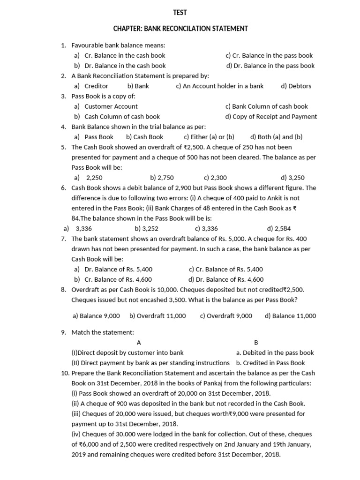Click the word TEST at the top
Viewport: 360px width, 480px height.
click(180, 13)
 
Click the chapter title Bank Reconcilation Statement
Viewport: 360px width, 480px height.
click(180, 29)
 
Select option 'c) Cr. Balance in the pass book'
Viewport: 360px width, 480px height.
click(269, 55)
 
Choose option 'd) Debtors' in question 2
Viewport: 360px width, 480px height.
click(296, 86)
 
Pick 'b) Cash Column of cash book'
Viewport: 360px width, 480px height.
click(117, 116)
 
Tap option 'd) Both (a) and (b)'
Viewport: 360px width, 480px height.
click(276, 137)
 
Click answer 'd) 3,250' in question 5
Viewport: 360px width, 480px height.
click(292, 178)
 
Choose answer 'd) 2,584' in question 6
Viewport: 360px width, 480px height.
click(279, 228)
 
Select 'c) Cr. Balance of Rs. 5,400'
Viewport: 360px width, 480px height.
click(226, 269)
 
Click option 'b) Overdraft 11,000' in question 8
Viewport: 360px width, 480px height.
click(157, 315)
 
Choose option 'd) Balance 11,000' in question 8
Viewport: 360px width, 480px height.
click(290, 315)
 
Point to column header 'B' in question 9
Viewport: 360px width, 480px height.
click(256, 343)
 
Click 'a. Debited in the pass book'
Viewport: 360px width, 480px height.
click(275, 352)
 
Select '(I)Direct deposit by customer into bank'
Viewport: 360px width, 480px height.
click(127, 352)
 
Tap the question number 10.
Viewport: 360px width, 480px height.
click(65, 373)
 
